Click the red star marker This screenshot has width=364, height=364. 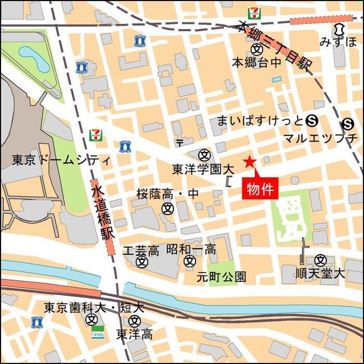click(249, 162)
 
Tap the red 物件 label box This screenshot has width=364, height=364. click(260, 188)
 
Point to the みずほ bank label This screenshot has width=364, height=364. click(338, 42)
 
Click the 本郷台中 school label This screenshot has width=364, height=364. click(256, 62)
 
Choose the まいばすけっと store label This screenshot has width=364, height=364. click(260, 120)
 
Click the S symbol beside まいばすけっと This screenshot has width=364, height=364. click(311, 120)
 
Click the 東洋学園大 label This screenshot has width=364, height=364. click(203, 169)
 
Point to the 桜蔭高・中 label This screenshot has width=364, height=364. click(167, 195)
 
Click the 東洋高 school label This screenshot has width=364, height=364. click(134, 334)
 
